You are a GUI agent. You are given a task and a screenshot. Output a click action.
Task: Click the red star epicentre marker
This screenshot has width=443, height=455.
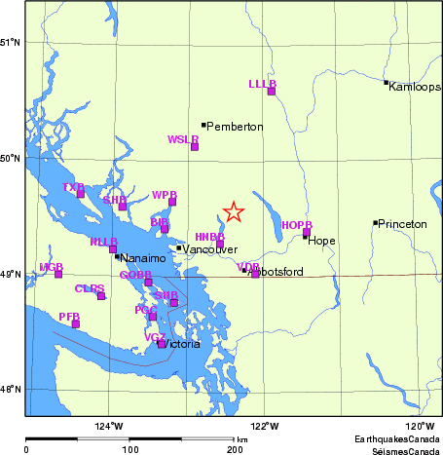click(x=233, y=211)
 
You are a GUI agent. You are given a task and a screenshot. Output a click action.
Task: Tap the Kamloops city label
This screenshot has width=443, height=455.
click(x=415, y=87)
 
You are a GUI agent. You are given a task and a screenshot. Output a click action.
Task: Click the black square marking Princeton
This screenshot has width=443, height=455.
click(x=375, y=223)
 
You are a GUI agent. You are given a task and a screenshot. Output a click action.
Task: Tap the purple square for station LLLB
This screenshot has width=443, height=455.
click(x=272, y=91)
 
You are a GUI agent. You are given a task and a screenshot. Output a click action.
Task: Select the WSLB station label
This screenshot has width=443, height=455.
click(x=183, y=139)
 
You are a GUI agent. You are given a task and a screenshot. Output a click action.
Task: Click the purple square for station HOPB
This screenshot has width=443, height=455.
click(x=306, y=233)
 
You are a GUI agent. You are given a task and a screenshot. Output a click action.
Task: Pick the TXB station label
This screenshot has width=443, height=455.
click(x=73, y=186)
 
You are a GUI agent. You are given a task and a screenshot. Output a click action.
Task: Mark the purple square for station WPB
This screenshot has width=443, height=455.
click(x=172, y=202)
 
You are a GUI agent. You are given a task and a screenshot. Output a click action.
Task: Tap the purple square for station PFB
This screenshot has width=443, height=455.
click(x=76, y=323)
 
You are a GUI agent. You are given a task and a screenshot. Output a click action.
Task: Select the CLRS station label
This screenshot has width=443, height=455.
click(x=90, y=287)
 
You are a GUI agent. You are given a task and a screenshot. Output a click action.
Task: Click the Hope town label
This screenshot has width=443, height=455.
click(x=321, y=241)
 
